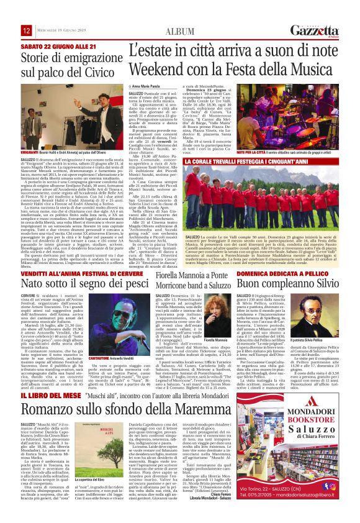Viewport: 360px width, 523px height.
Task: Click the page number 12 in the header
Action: [27, 30]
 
